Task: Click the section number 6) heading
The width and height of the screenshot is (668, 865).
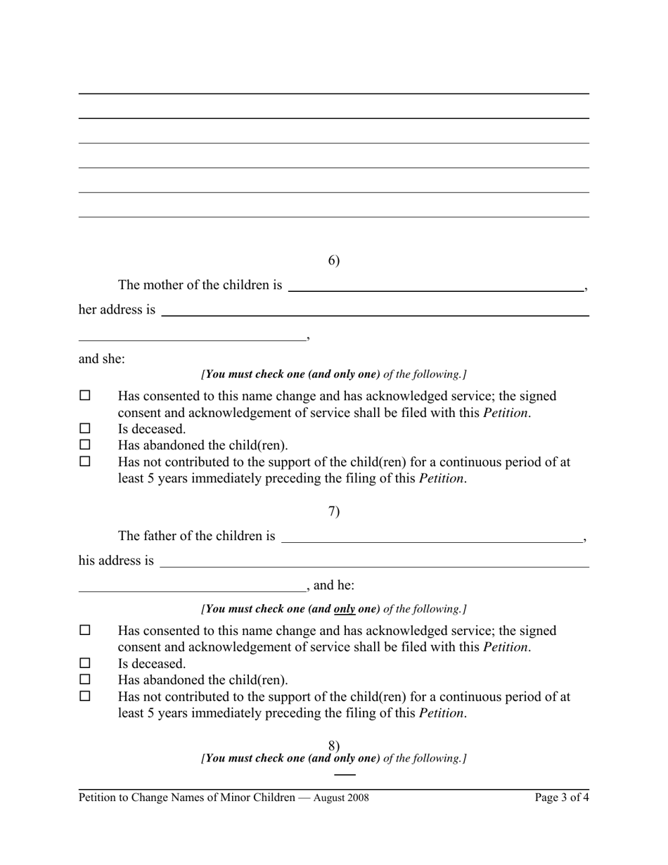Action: pos(334,261)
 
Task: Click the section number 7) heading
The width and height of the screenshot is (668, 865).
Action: pos(334,512)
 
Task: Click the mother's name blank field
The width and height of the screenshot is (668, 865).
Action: pos(436,286)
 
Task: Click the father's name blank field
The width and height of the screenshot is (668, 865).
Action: pos(432,537)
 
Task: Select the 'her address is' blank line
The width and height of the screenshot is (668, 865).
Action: pos(374,310)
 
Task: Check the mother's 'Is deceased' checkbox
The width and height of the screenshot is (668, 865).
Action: pos(85,428)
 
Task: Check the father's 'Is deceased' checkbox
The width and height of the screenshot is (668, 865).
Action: pos(85,663)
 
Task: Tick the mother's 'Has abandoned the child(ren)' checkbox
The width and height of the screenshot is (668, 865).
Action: pos(85,445)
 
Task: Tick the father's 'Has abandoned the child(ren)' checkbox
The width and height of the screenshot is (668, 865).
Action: pos(85,680)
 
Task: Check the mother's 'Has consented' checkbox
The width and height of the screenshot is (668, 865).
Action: pos(85,396)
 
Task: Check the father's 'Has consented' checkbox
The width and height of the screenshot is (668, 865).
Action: pos(85,631)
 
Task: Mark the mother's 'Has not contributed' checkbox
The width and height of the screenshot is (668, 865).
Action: pos(85,462)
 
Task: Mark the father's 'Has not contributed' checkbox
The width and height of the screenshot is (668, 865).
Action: pos(85,697)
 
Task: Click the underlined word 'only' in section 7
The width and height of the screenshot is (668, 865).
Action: pos(345,608)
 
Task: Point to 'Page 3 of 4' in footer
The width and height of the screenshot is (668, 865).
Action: pos(562,797)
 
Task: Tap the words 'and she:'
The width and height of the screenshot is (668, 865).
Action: pos(102,359)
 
